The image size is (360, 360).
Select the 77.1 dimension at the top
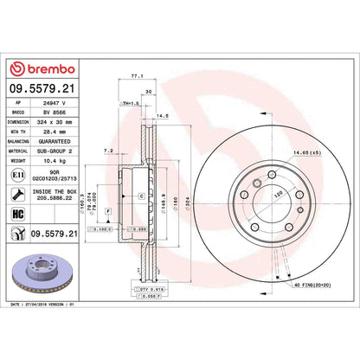click(134, 76)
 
